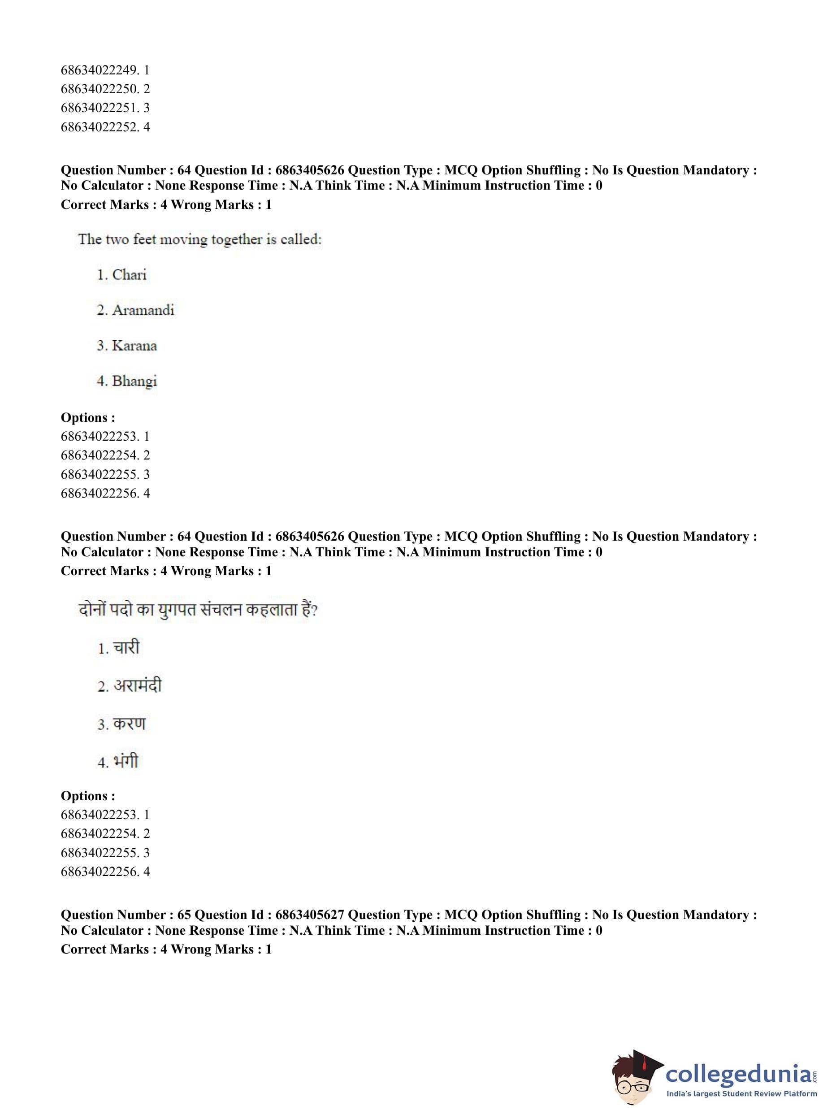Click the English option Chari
pos(129,274)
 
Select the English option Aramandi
pos(143,310)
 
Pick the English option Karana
pos(134,345)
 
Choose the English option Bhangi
pos(134,381)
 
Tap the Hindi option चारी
pos(126,648)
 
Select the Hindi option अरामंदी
pos(137,685)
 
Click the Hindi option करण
pos(129,724)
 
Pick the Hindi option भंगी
pos(125,761)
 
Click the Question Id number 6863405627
pos(309,915)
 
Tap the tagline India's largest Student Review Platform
pos(741,1093)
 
